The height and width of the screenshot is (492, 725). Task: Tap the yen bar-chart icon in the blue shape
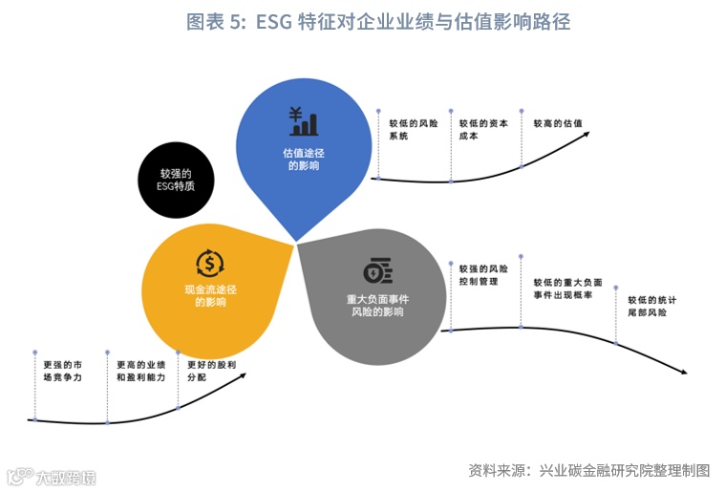click(304, 121)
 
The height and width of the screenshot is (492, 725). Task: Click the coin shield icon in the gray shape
click(376, 271)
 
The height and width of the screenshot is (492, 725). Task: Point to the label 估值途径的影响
click(304, 159)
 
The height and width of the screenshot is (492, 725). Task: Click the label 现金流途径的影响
click(210, 295)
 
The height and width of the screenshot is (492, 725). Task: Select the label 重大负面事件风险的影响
click(376, 306)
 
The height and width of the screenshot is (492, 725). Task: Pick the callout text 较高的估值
click(557, 123)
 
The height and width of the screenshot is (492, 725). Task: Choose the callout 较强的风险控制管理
click(483, 276)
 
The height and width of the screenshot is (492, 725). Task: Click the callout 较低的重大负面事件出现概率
click(567, 289)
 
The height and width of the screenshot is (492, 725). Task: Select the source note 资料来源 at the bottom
click(588, 470)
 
